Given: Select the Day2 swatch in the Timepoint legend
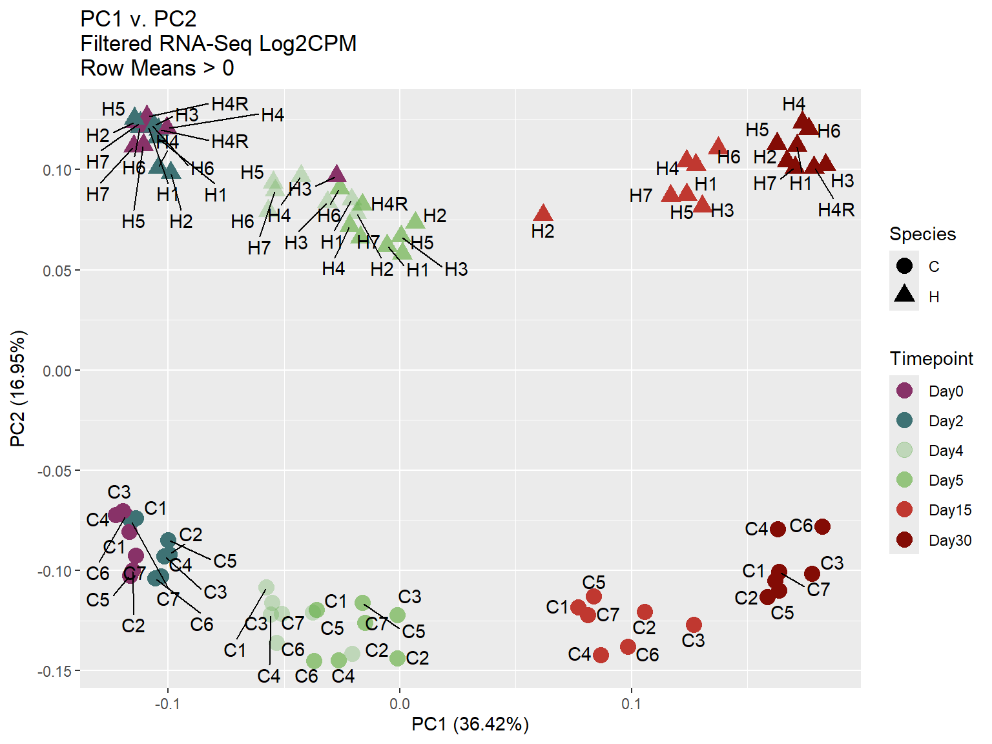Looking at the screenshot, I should (x=904, y=420).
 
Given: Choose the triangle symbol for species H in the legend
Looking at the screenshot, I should (x=904, y=295).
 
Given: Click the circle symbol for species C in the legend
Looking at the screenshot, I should (x=904, y=265).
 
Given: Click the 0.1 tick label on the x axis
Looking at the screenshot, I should (x=631, y=704).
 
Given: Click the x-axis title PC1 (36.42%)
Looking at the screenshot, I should (x=470, y=725).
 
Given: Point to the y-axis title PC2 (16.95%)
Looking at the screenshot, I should (x=18, y=389).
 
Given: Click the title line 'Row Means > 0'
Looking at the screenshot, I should (x=157, y=68).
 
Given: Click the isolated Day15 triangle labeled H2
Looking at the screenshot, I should (x=543, y=213).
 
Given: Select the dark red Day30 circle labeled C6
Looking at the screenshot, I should (x=822, y=526).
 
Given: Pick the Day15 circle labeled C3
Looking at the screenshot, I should (x=694, y=625).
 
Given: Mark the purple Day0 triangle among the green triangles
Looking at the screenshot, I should (x=337, y=174).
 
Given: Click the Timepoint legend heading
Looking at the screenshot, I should (x=931, y=358).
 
